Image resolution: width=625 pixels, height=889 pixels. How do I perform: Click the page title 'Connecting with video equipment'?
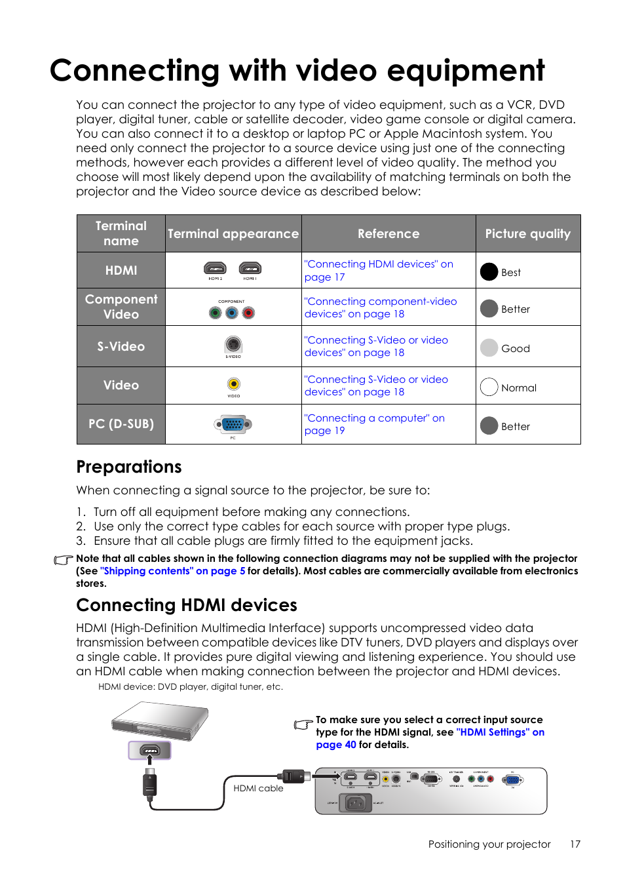297,71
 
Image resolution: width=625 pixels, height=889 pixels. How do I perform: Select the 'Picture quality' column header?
527,234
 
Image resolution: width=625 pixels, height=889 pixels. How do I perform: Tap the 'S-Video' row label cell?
121,347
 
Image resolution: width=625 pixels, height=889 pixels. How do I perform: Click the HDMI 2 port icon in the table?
215,268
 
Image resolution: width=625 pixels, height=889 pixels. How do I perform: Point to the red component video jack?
248,313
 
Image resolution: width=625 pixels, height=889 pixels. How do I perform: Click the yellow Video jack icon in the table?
233,384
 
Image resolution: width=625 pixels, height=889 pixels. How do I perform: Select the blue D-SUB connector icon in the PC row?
233,425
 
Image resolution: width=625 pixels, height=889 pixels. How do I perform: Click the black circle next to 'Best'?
489,272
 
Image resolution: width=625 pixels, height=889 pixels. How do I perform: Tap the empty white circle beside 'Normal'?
489,387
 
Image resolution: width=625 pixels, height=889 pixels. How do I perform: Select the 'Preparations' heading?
129,467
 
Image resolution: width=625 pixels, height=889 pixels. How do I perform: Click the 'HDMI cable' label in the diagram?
258,788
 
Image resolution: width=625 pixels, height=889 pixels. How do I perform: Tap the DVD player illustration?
160,721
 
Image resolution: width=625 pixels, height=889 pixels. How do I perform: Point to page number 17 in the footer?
575,844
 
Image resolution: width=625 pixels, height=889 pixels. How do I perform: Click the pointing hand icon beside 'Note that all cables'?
64,560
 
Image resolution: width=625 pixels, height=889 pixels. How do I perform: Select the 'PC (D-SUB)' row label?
121,424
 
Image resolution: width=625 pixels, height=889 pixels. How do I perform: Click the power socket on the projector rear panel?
355,802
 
